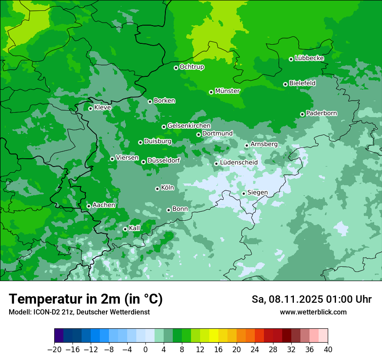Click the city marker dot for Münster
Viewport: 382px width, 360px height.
tap(211, 92)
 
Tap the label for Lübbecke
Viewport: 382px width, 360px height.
tap(309, 58)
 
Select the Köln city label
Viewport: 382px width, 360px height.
tap(168, 188)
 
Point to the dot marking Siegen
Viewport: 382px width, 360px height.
tap(244, 193)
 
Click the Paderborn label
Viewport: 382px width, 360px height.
tap(321, 113)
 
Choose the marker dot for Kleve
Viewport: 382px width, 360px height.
tap(90, 108)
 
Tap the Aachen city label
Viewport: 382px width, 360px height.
tap(104, 205)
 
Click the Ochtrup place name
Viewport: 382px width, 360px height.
tap(191, 67)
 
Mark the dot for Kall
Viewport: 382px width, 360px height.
tap(125, 229)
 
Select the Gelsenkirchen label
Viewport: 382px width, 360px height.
tap(189, 126)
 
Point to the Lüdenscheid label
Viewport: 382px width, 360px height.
tap(239, 163)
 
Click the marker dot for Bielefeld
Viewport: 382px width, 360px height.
tap(285, 84)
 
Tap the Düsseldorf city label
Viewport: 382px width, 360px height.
tap(164, 161)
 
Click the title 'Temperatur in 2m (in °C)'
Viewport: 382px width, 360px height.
tap(86, 299)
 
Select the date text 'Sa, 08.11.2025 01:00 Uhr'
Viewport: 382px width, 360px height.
tap(311, 299)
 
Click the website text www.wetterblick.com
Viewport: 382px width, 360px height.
tap(313, 312)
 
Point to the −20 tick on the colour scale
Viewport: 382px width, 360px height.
tap(54, 350)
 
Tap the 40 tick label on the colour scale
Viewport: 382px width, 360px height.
tap(328, 350)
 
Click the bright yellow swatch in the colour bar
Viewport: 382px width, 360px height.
tap(214, 336)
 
